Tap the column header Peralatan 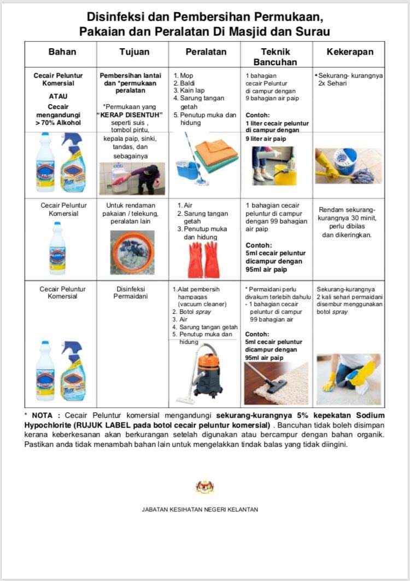click(205, 53)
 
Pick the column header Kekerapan click(349, 53)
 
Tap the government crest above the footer click(204, 487)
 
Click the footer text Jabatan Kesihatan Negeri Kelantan click(200, 509)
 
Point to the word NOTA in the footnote click(43, 416)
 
